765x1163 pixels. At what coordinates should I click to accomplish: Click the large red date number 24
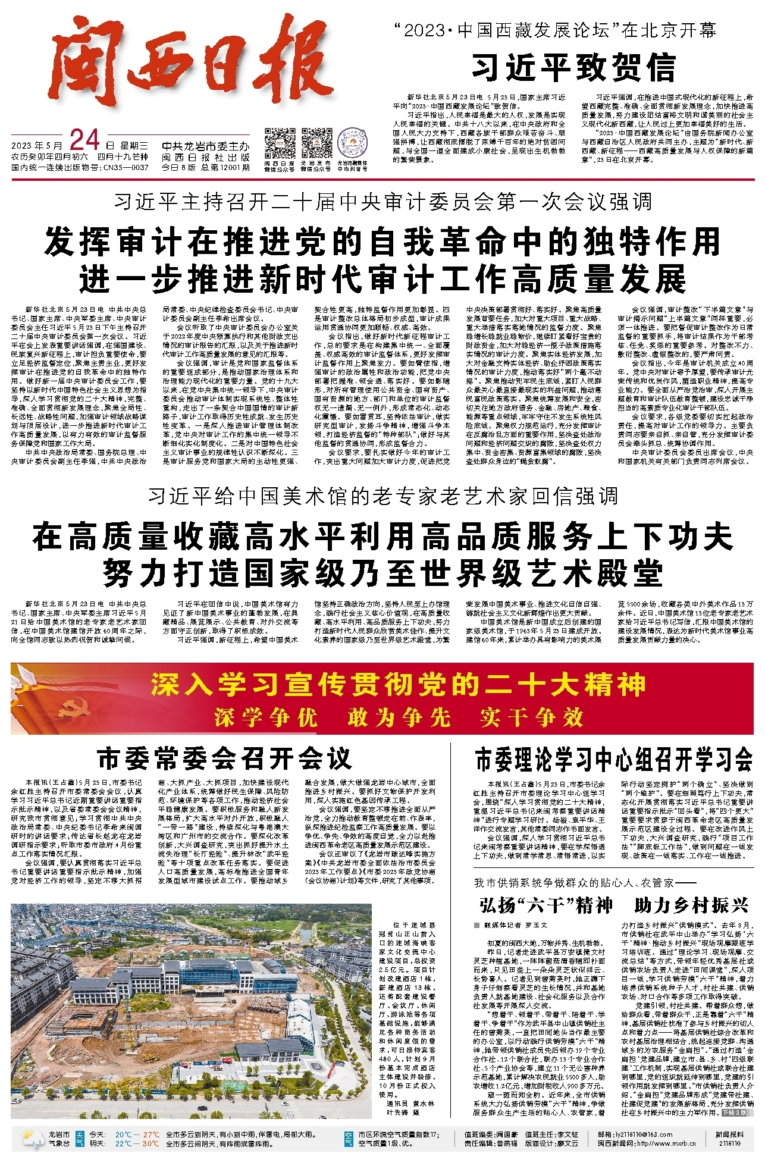[x=84, y=141]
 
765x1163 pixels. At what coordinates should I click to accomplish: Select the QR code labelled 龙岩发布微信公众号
[x=316, y=143]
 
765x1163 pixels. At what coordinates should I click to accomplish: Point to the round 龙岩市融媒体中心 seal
[x=352, y=143]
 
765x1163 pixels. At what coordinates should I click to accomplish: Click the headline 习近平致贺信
[x=574, y=67]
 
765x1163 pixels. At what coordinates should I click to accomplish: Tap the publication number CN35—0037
[x=126, y=168]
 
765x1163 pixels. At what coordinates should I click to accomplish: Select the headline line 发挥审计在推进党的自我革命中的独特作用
[x=382, y=242]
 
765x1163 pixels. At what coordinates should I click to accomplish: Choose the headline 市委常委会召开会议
[x=224, y=759]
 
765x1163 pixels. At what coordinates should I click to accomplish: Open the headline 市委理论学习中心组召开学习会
[x=613, y=759]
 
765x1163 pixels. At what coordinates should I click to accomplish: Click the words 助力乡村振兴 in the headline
[x=691, y=905]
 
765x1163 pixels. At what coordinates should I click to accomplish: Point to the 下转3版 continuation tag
[x=735, y=1112]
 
